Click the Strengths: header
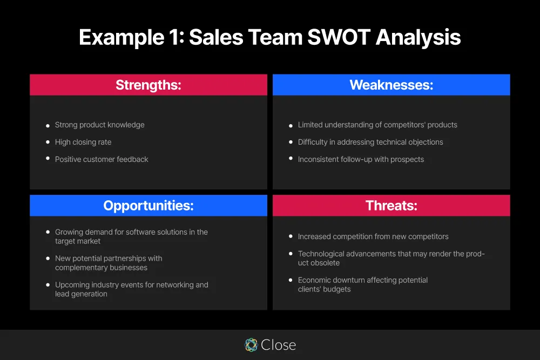(148, 85)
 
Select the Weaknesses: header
(391, 85)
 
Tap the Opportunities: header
(148, 206)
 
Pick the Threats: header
(391, 206)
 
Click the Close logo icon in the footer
(251, 345)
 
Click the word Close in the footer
(278, 345)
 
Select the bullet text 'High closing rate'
(83, 142)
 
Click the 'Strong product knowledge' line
(100, 125)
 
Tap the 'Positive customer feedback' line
(102, 159)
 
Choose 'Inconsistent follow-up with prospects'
(361, 159)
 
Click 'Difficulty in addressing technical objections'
(370, 142)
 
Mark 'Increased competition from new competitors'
(373, 236)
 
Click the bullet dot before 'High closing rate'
(48, 142)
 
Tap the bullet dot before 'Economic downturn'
(291, 281)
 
